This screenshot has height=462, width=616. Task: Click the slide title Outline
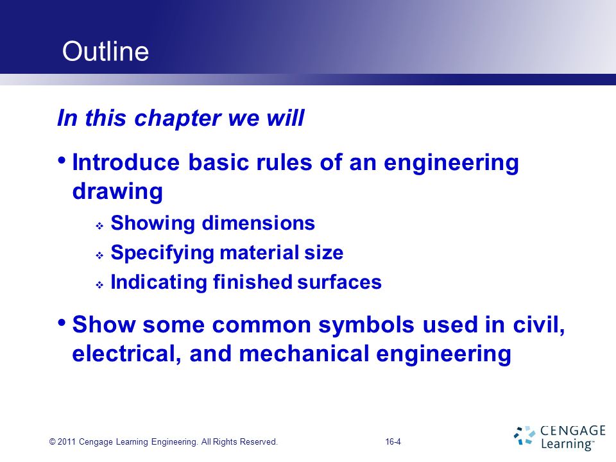(x=105, y=52)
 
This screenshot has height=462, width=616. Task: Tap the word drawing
(x=117, y=191)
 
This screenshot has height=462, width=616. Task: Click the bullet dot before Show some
(x=62, y=322)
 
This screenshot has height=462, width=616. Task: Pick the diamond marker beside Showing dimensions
(x=99, y=226)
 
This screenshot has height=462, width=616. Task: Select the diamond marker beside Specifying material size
(x=99, y=255)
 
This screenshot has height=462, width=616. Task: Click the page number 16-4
(x=393, y=441)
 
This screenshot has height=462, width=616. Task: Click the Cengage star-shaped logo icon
(x=524, y=434)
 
